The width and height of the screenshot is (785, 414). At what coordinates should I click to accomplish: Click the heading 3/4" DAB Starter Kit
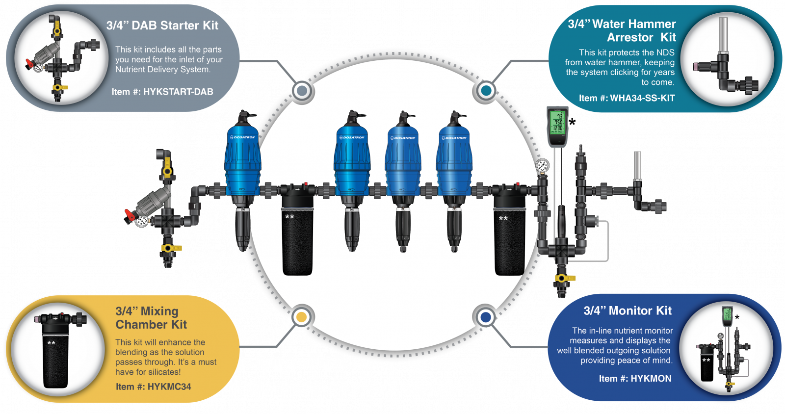pyautogui.click(x=162, y=26)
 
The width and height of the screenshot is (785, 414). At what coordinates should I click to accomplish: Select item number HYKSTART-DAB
pyautogui.click(x=162, y=92)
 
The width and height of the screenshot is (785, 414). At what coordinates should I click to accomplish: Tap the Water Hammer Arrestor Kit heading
pyautogui.click(x=622, y=30)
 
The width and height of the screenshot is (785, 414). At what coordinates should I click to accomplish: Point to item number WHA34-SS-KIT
pyautogui.click(x=627, y=98)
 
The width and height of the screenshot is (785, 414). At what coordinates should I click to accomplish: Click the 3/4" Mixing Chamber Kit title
pyautogui.click(x=151, y=318)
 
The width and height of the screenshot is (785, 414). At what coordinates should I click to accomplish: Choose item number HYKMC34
pyautogui.click(x=153, y=387)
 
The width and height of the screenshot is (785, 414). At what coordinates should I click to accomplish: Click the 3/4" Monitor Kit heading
pyautogui.click(x=628, y=310)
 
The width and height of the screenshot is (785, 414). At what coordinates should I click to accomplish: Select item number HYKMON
pyautogui.click(x=635, y=378)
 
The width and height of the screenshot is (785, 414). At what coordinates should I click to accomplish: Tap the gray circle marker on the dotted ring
pyautogui.click(x=302, y=91)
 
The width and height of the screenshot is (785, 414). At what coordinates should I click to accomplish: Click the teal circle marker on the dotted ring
pyautogui.click(x=486, y=91)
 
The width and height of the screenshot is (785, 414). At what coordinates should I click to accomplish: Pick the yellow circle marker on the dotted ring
pyautogui.click(x=302, y=317)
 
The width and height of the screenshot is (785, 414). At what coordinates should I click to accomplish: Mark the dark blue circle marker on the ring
pyautogui.click(x=486, y=317)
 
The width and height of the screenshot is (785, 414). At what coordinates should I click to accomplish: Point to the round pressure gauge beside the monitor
pyautogui.click(x=542, y=165)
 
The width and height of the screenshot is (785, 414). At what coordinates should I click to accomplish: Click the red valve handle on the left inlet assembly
pyautogui.click(x=130, y=214)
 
